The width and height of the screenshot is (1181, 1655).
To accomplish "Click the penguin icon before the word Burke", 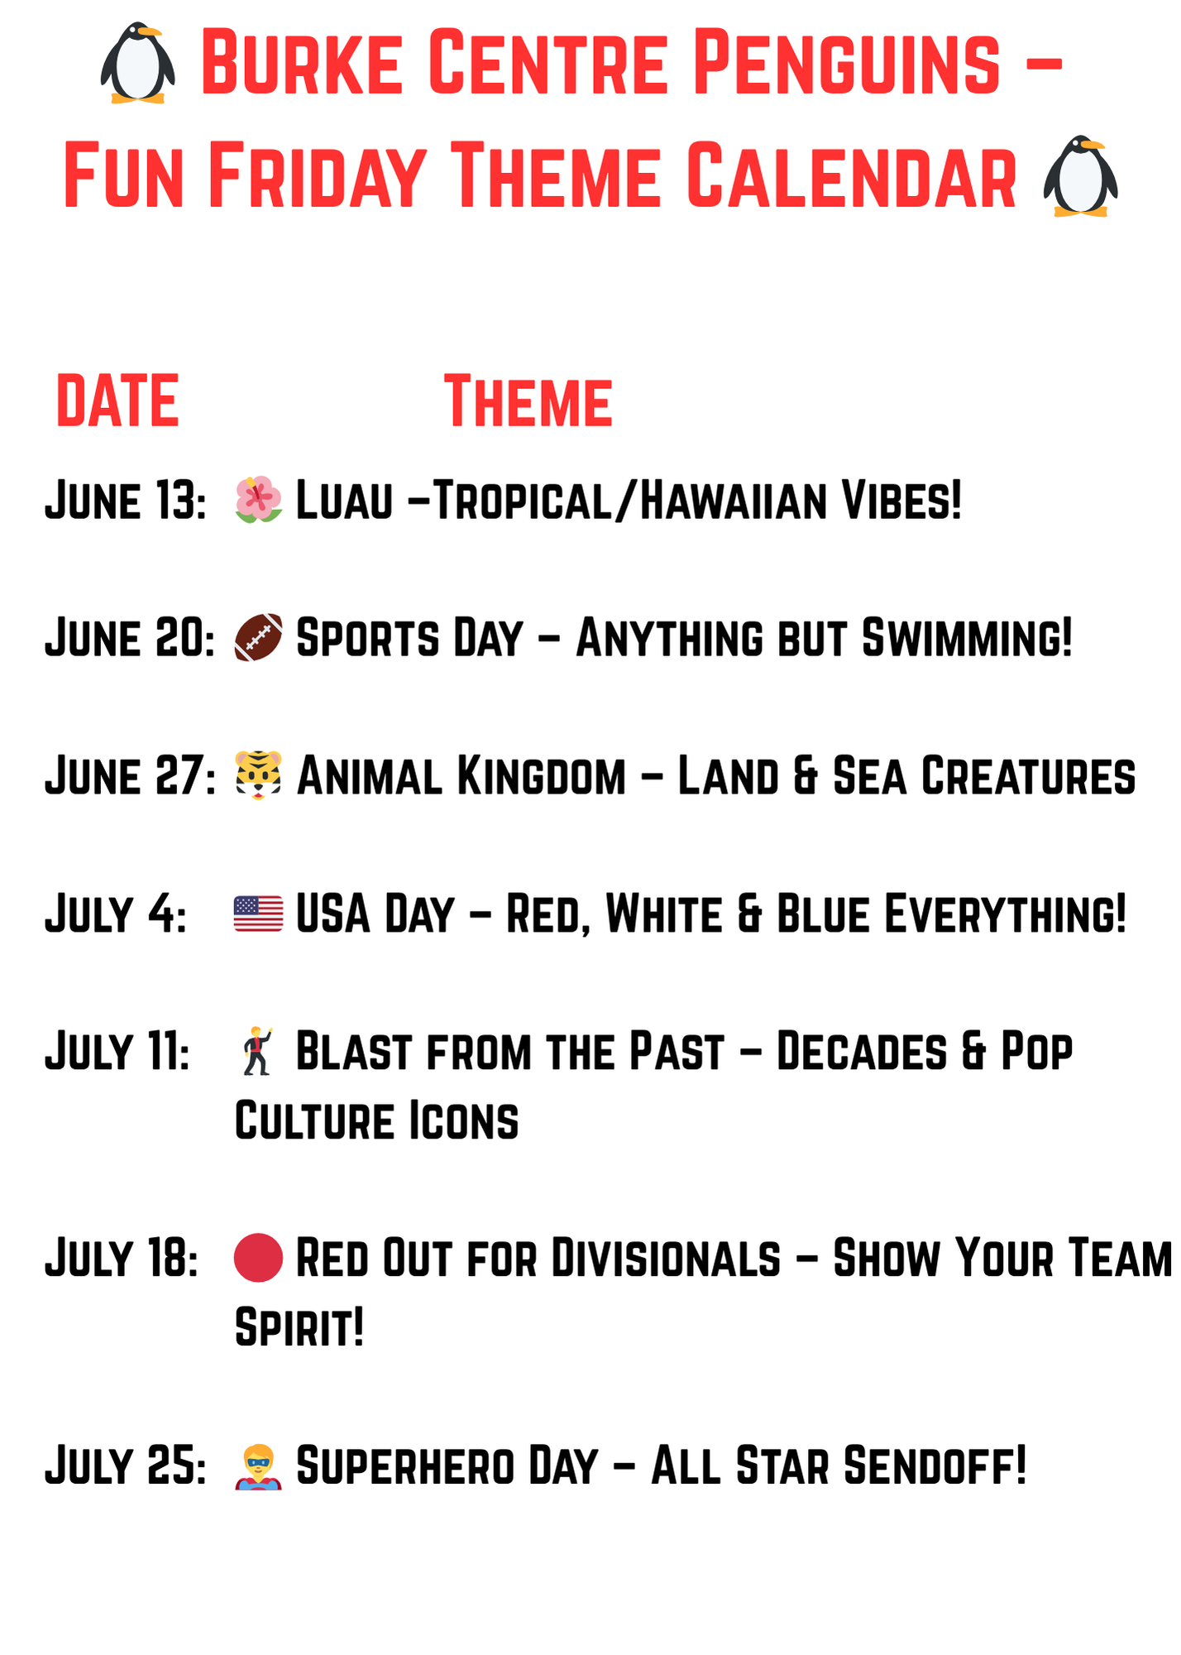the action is click(x=137, y=63).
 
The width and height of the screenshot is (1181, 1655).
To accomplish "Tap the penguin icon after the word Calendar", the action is click(x=1080, y=176).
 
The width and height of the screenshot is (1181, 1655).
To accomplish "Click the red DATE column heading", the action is click(x=117, y=401).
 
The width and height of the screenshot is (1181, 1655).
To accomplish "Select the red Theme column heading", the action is click(x=528, y=401).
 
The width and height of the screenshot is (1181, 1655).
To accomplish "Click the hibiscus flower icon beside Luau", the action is click(x=259, y=500).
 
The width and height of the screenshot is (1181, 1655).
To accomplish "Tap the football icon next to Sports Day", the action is click(x=259, y=638).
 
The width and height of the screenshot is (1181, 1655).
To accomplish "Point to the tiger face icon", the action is click(x=259, y=775).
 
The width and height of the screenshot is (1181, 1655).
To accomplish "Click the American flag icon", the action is click(x=259, y=914).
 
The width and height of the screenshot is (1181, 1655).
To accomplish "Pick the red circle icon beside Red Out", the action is click(x=259, y=1258).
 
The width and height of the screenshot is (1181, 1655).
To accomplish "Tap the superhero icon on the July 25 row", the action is click(x=259, y=1466).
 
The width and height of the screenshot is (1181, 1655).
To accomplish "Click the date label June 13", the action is click(x=126, y=501).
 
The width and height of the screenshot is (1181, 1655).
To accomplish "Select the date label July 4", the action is click(x=116, y=914).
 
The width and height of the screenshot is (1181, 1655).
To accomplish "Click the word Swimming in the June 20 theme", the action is click(x=966, y=639).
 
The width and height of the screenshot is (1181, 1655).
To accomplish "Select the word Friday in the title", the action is click(x=318, y=176).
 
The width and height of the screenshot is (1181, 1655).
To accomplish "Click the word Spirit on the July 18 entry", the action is click(x=299, y=1328).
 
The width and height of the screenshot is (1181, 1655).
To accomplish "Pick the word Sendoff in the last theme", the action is click(x=935, y=1466).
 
